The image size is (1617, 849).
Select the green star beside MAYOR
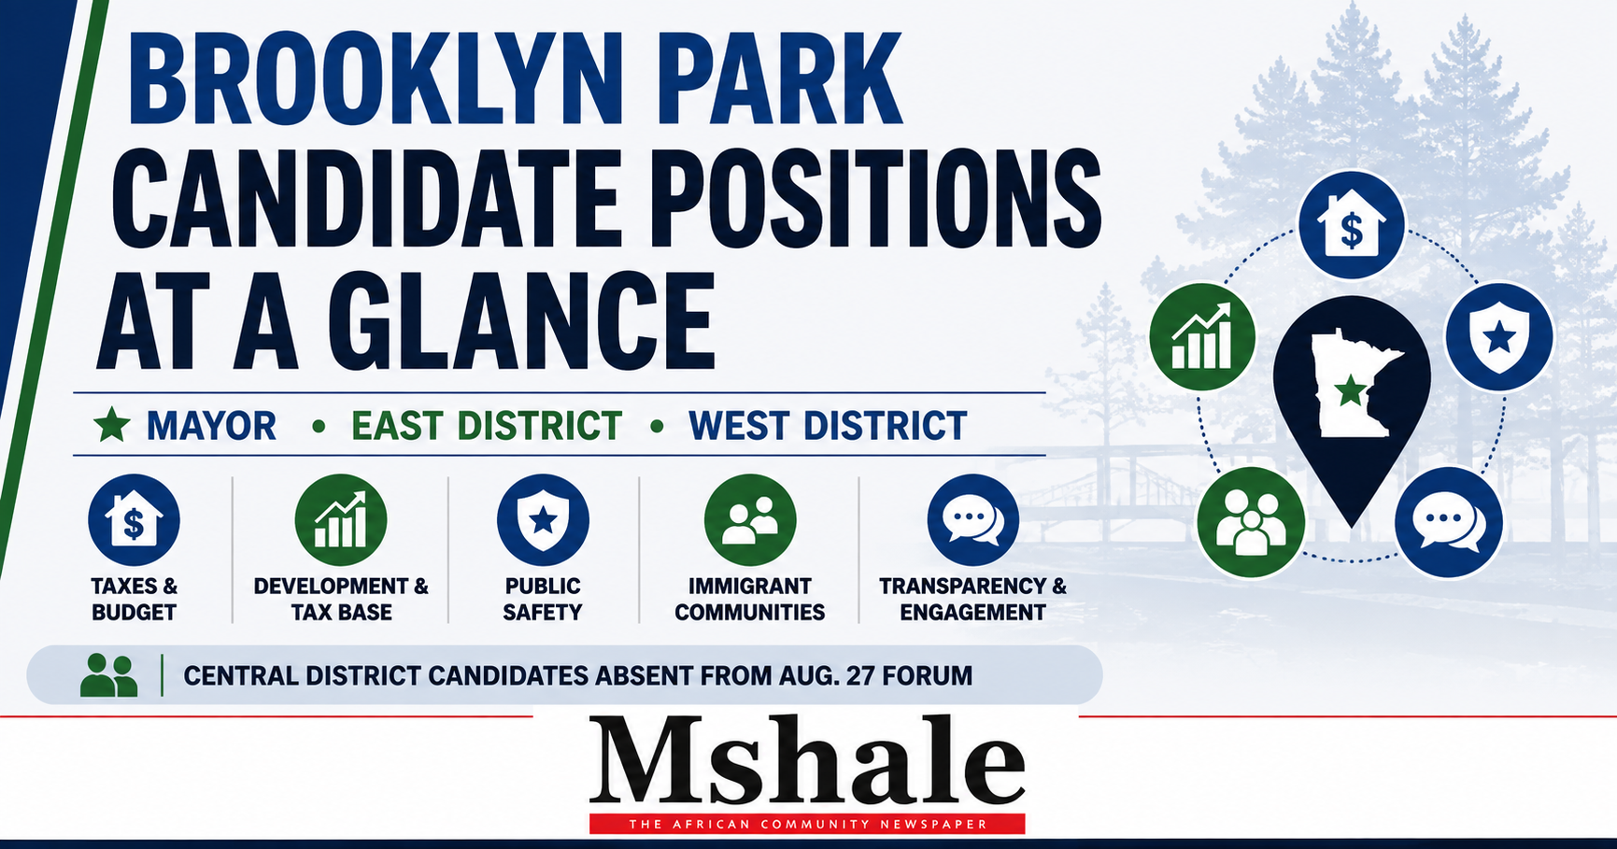pos(112,425)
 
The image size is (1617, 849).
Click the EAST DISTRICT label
pos(487,426)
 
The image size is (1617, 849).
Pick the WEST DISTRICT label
pos(828,426)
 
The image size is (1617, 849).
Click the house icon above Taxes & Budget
pos(134,520)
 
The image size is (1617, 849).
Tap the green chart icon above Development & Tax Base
pos(341,520)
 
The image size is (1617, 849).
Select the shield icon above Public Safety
pos(543,520)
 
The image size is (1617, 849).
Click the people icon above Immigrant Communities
pos(750,520)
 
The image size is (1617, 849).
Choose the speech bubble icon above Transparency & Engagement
pos(972,520)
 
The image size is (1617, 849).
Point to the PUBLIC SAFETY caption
pos(543,599)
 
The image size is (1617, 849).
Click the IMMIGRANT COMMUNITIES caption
pos(750,599)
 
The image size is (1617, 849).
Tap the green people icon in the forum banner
pos(109,674)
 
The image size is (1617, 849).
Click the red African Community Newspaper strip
pos(807,824)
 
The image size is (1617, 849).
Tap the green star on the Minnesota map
pos(1351,390)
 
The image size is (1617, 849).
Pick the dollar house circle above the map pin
pos(1351,225)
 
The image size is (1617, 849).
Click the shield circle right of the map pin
pos(1499,336)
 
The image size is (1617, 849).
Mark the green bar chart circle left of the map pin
pos(1202,336)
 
